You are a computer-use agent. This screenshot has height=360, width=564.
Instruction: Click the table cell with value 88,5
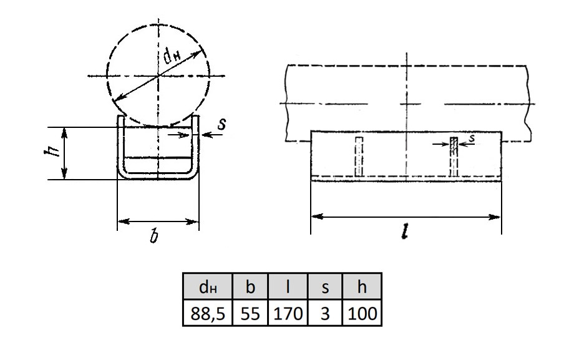208,313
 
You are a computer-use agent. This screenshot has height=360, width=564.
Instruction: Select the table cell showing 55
250,313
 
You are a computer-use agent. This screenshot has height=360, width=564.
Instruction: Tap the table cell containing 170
288,313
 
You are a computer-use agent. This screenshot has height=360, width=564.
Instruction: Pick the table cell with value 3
325,313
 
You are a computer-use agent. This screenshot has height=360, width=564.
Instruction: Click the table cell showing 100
362,313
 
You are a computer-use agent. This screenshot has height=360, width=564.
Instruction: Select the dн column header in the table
208,286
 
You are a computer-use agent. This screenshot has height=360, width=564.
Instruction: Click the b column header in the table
250,286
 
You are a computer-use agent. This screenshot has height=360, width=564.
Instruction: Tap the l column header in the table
288,286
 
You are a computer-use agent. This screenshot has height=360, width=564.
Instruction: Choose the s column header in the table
325,286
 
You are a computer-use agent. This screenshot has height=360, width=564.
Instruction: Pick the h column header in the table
362,286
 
